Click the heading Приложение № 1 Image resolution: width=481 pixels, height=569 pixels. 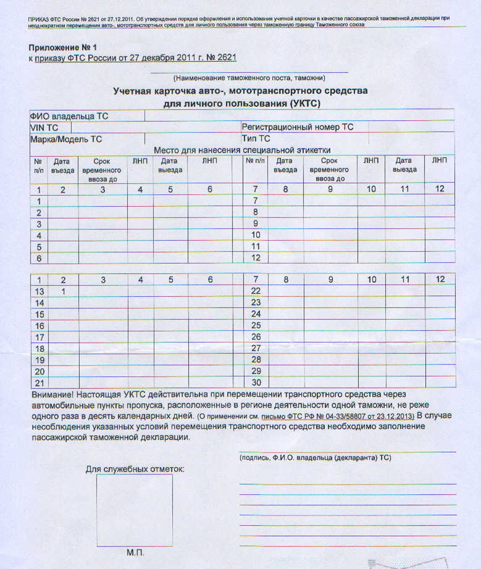pyautogui.click(x=63, y=48)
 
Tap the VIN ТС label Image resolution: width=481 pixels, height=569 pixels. pyautogui.click(x=44, y=128)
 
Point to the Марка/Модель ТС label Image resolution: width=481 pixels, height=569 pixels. pyautogui.click(x=66, y=139)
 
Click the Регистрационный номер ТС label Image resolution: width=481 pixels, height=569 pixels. pyautogui.click(x=297, y=127)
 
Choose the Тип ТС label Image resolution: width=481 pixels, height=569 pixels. pyautogui.click(x=256, y=139)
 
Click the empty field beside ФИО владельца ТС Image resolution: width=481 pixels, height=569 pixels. pyautogui.click(x=299, y=116)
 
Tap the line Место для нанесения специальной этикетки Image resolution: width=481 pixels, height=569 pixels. pyautogui.click(x=242, y=150)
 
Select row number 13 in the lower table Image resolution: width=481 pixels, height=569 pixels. pyautogui.click(x=40, y=292)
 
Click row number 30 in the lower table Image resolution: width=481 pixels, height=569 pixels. pyautogui.click(x=256, y=383)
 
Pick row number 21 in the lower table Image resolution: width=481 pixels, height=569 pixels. pyautogui.click(x=40, y=383)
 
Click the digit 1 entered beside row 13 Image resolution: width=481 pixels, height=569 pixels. pyautogui.click(x=63, y=292)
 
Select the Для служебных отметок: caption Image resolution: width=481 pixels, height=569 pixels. pyautogui.click(x=135, y=469)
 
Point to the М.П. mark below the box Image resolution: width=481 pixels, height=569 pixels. pyautogui.click(x=135, y=553)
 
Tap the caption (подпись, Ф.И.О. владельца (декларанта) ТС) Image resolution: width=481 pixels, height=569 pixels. pyautogui.click(x=315, y=458)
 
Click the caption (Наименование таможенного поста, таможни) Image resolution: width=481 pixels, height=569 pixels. pyautogui.click(x=249, y=78)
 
